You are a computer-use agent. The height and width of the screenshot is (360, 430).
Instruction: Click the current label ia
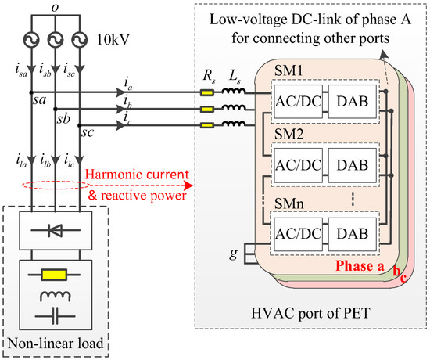click(x=127, y=81)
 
